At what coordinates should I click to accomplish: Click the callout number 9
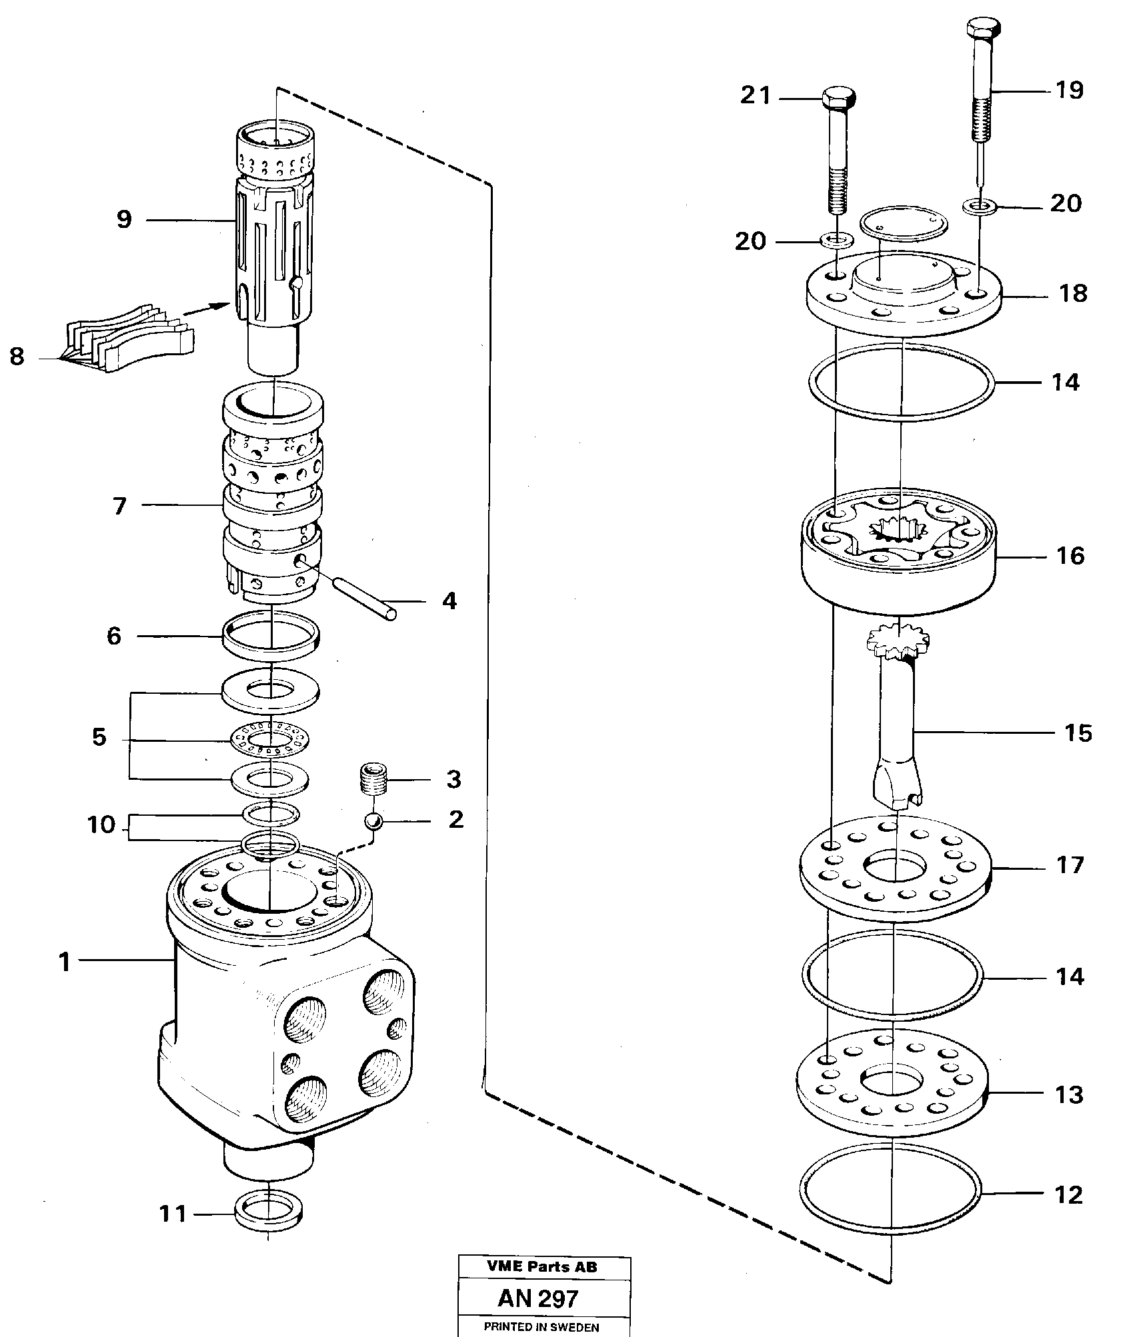pos(124,219)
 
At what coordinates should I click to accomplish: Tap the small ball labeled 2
pos(373,821)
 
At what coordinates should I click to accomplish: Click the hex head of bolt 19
pos(982,29)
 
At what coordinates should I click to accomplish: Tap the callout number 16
pos(1070,555)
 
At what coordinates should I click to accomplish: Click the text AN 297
pos(537,1299)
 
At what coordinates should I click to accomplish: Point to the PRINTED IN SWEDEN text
pos(541,1327)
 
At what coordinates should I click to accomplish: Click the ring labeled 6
pos(271,636)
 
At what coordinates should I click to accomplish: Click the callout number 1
pos(64,962)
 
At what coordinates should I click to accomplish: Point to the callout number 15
pos(1078,733)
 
